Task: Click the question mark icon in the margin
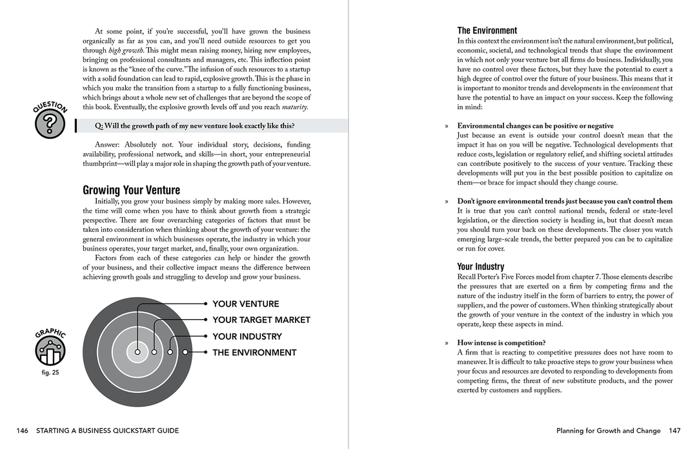tap(50, 125)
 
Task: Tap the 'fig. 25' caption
tap(50, 373)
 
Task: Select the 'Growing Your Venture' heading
tap(131, 190)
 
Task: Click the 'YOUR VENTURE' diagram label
tap(245, 304)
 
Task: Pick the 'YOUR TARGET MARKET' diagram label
tap(261, 320)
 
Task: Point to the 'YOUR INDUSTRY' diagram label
tap(247, 337)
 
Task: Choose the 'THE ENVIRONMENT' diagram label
tap(254, 353)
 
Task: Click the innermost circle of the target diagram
tap(137, 352)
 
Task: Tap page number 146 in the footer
tap(23, 431)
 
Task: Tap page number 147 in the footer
tap(675, 431)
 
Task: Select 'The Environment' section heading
tap(487, 30)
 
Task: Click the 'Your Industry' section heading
tap(481, 266)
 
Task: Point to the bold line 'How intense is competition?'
tap(501, 343)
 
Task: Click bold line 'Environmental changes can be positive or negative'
tap(535, 126)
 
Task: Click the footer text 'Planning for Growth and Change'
tap(609, 431)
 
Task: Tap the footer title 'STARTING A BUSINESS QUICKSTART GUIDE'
tap(108, 431)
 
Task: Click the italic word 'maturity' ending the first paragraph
tap(294, 107)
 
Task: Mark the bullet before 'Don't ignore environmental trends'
tap(446, 202)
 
